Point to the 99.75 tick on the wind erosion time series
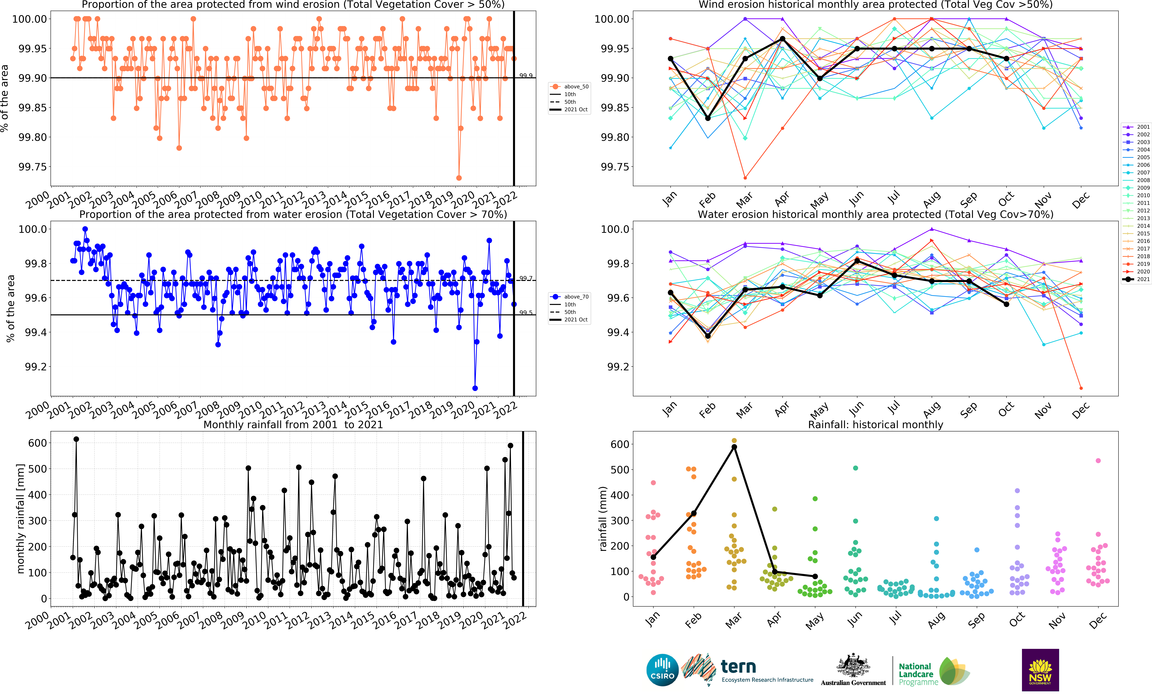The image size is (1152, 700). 33,167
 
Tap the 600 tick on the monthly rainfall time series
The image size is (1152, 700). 37,443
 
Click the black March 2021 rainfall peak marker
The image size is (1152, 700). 734,447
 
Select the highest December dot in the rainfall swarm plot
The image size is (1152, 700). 1098,461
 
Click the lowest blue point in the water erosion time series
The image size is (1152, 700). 475,388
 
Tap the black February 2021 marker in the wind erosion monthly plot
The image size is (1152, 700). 708,118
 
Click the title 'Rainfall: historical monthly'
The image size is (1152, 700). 875,425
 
